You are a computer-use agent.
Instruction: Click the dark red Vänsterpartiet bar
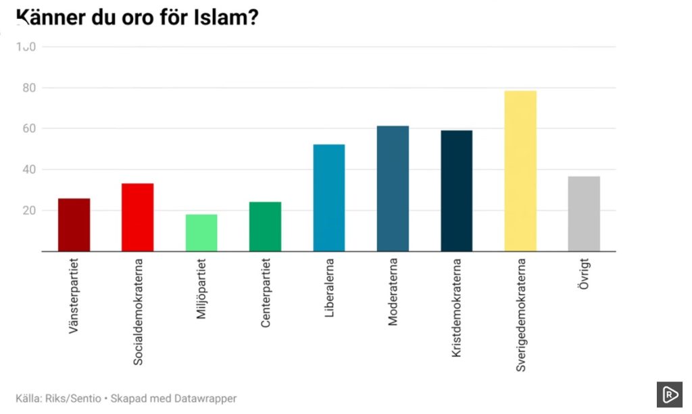pyautogui.click(x=74, y=225)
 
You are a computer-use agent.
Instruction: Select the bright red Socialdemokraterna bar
pyautogui.click(x=137, y=217)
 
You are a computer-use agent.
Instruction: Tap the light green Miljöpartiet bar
pyautogui.click(x=201, y=233)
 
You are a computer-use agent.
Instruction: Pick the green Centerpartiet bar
pyautogui.click(x=265, y=227)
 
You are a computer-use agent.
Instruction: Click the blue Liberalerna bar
pyautogui.click(x=328, y=198)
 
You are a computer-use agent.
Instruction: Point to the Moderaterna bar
pyautogui.click(x=393, y=188)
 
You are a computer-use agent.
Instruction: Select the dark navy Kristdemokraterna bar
pyautogui.click(x=456, y=191)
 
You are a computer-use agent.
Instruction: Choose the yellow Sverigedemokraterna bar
pyautogui.click(x=520, y=171)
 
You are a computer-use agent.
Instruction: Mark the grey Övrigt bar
pyautogui.click(x=584, y=214)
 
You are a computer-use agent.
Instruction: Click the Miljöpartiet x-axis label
pyautogui.click(x=201, y=287)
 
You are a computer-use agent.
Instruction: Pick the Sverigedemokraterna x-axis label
pyautogui.click(x=520, y=314)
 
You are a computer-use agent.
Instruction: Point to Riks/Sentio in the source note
pyautogui.click(x=70, y=398)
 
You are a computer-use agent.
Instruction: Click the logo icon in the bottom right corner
pyautogui.click(x=669, y=395)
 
